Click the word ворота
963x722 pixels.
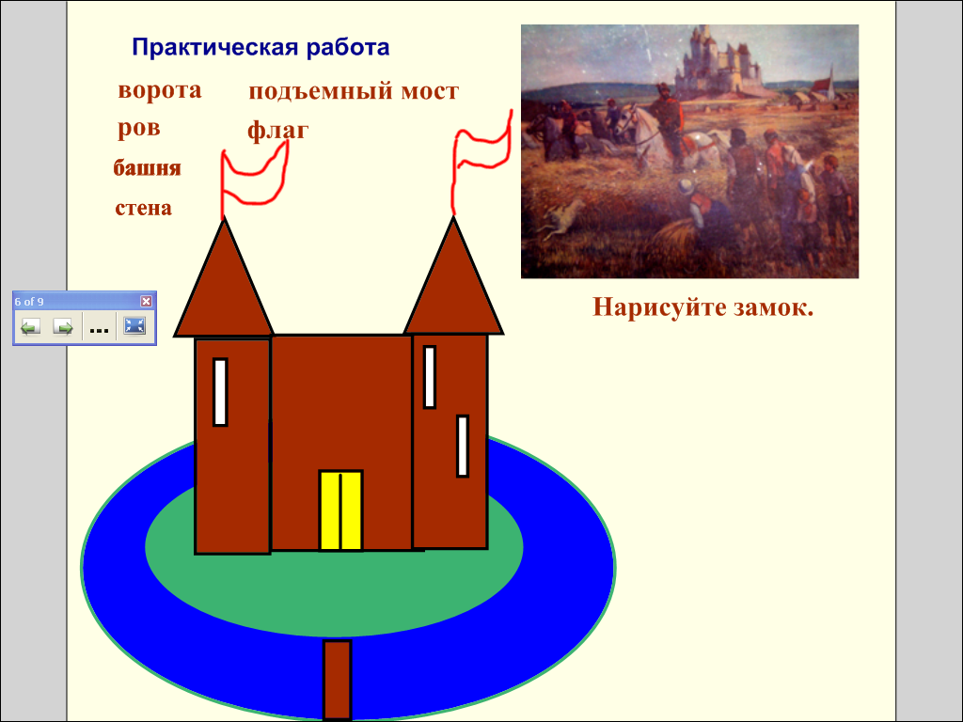160,90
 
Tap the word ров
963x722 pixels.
139,128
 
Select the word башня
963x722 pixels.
148,167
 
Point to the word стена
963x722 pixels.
144,208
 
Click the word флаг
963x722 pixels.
277,131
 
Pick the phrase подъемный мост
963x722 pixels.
354,91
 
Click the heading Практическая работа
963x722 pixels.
260,47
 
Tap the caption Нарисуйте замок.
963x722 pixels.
703,307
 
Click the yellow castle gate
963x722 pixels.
340,510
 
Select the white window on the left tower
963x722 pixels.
220,392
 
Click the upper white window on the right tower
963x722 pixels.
430,377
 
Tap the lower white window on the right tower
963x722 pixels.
463,447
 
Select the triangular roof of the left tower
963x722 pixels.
224,289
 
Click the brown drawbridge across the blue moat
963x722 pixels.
338,680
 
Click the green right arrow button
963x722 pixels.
63,326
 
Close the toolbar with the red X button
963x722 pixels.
146,301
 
